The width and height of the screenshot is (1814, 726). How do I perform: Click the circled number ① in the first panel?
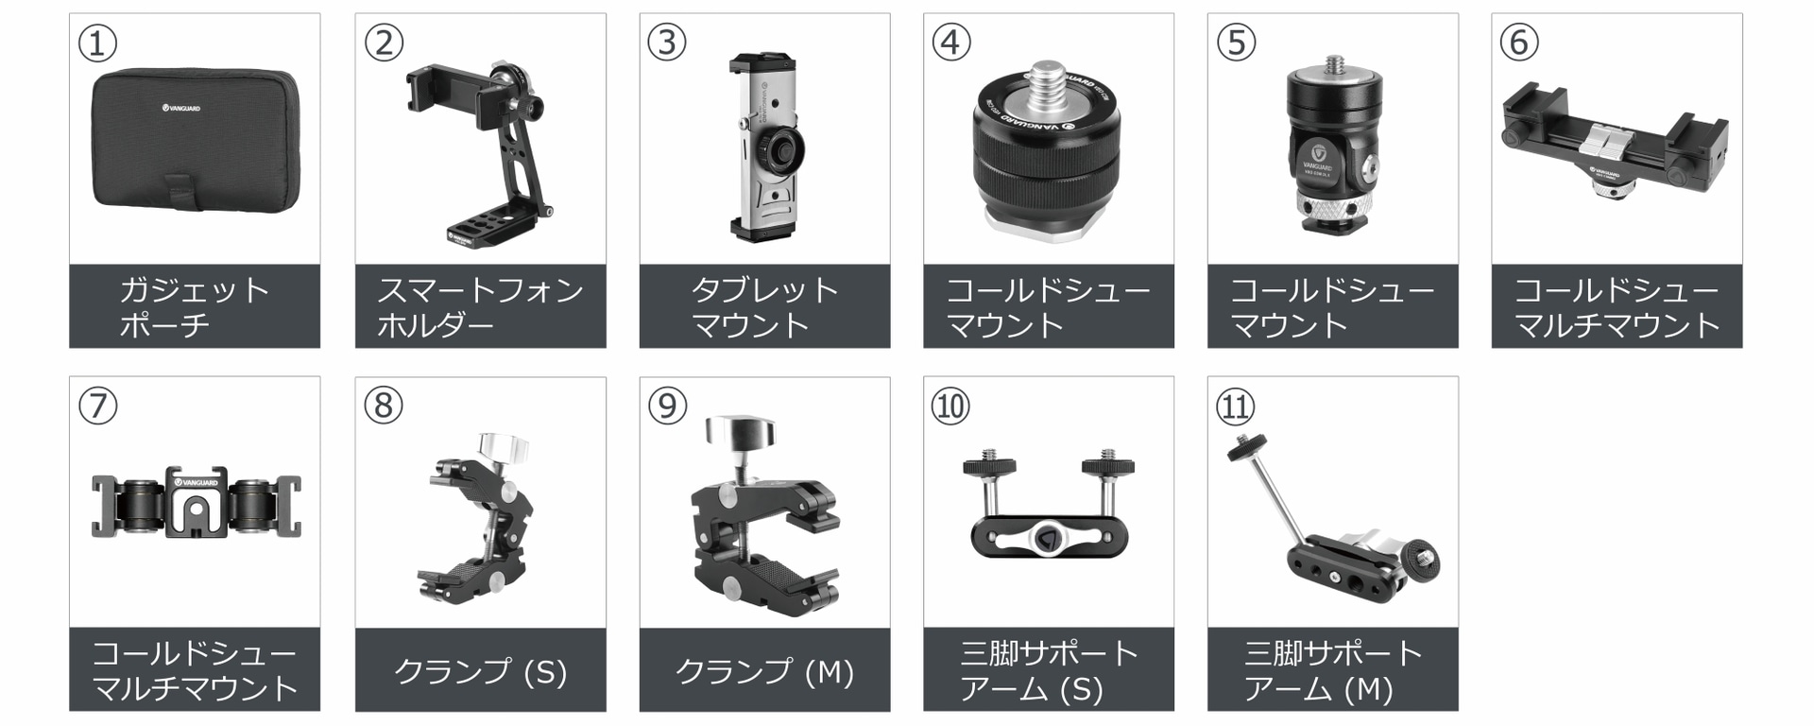tap(97, 43)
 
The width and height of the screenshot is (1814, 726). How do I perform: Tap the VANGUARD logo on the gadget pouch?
tap(180, 108)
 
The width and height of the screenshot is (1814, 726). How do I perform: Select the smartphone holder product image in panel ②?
tap(480, 151)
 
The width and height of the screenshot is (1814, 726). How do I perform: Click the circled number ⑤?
tap(1236, 43)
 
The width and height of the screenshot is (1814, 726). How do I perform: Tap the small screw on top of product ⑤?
tap(1334, 63)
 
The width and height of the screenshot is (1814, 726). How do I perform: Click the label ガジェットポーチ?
tap(194, 306)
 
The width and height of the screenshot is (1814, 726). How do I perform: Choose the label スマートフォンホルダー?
tap(480, 306)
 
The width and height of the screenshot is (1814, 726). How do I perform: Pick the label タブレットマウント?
tap(764, 306)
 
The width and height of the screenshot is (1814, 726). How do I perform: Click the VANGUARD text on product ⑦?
tap(198, 482)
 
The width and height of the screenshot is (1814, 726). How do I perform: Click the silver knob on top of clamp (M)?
tap(739, 432)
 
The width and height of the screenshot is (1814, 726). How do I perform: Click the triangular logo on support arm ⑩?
tap(1047, 539)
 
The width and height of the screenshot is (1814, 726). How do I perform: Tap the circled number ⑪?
tap(1235, 406)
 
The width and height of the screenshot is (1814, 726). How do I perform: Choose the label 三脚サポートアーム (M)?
tap(1332, 670)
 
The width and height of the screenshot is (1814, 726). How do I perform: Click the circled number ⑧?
tap(383, 406)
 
